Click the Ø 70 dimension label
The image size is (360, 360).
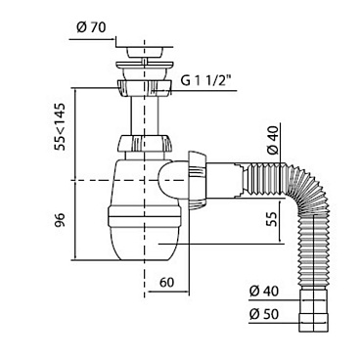(x=91, y=27)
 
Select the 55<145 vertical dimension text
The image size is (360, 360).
(x=60, y=126)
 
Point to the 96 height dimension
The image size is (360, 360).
(x=60, y=220)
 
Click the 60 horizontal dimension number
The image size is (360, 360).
(x=167, y=283)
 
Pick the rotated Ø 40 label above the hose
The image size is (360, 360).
(x=272, y=140)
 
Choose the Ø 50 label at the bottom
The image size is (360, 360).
(x=264, y=314)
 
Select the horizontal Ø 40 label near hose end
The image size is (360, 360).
(x=264, y=291)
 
